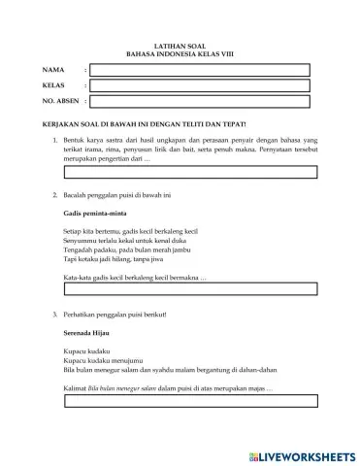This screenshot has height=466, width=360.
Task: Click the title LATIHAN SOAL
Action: (180, 46)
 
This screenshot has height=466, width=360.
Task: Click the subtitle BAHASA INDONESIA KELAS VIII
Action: (180, 54)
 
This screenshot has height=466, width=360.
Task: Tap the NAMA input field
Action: (205, 71)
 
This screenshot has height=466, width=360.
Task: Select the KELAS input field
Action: (205, 85)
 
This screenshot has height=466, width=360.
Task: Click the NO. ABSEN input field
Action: (205, 100)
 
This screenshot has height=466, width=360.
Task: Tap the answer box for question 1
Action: (190, 173)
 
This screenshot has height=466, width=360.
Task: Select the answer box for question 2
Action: (190, 289)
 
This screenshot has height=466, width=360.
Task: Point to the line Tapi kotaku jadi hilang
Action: (107, 260)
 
